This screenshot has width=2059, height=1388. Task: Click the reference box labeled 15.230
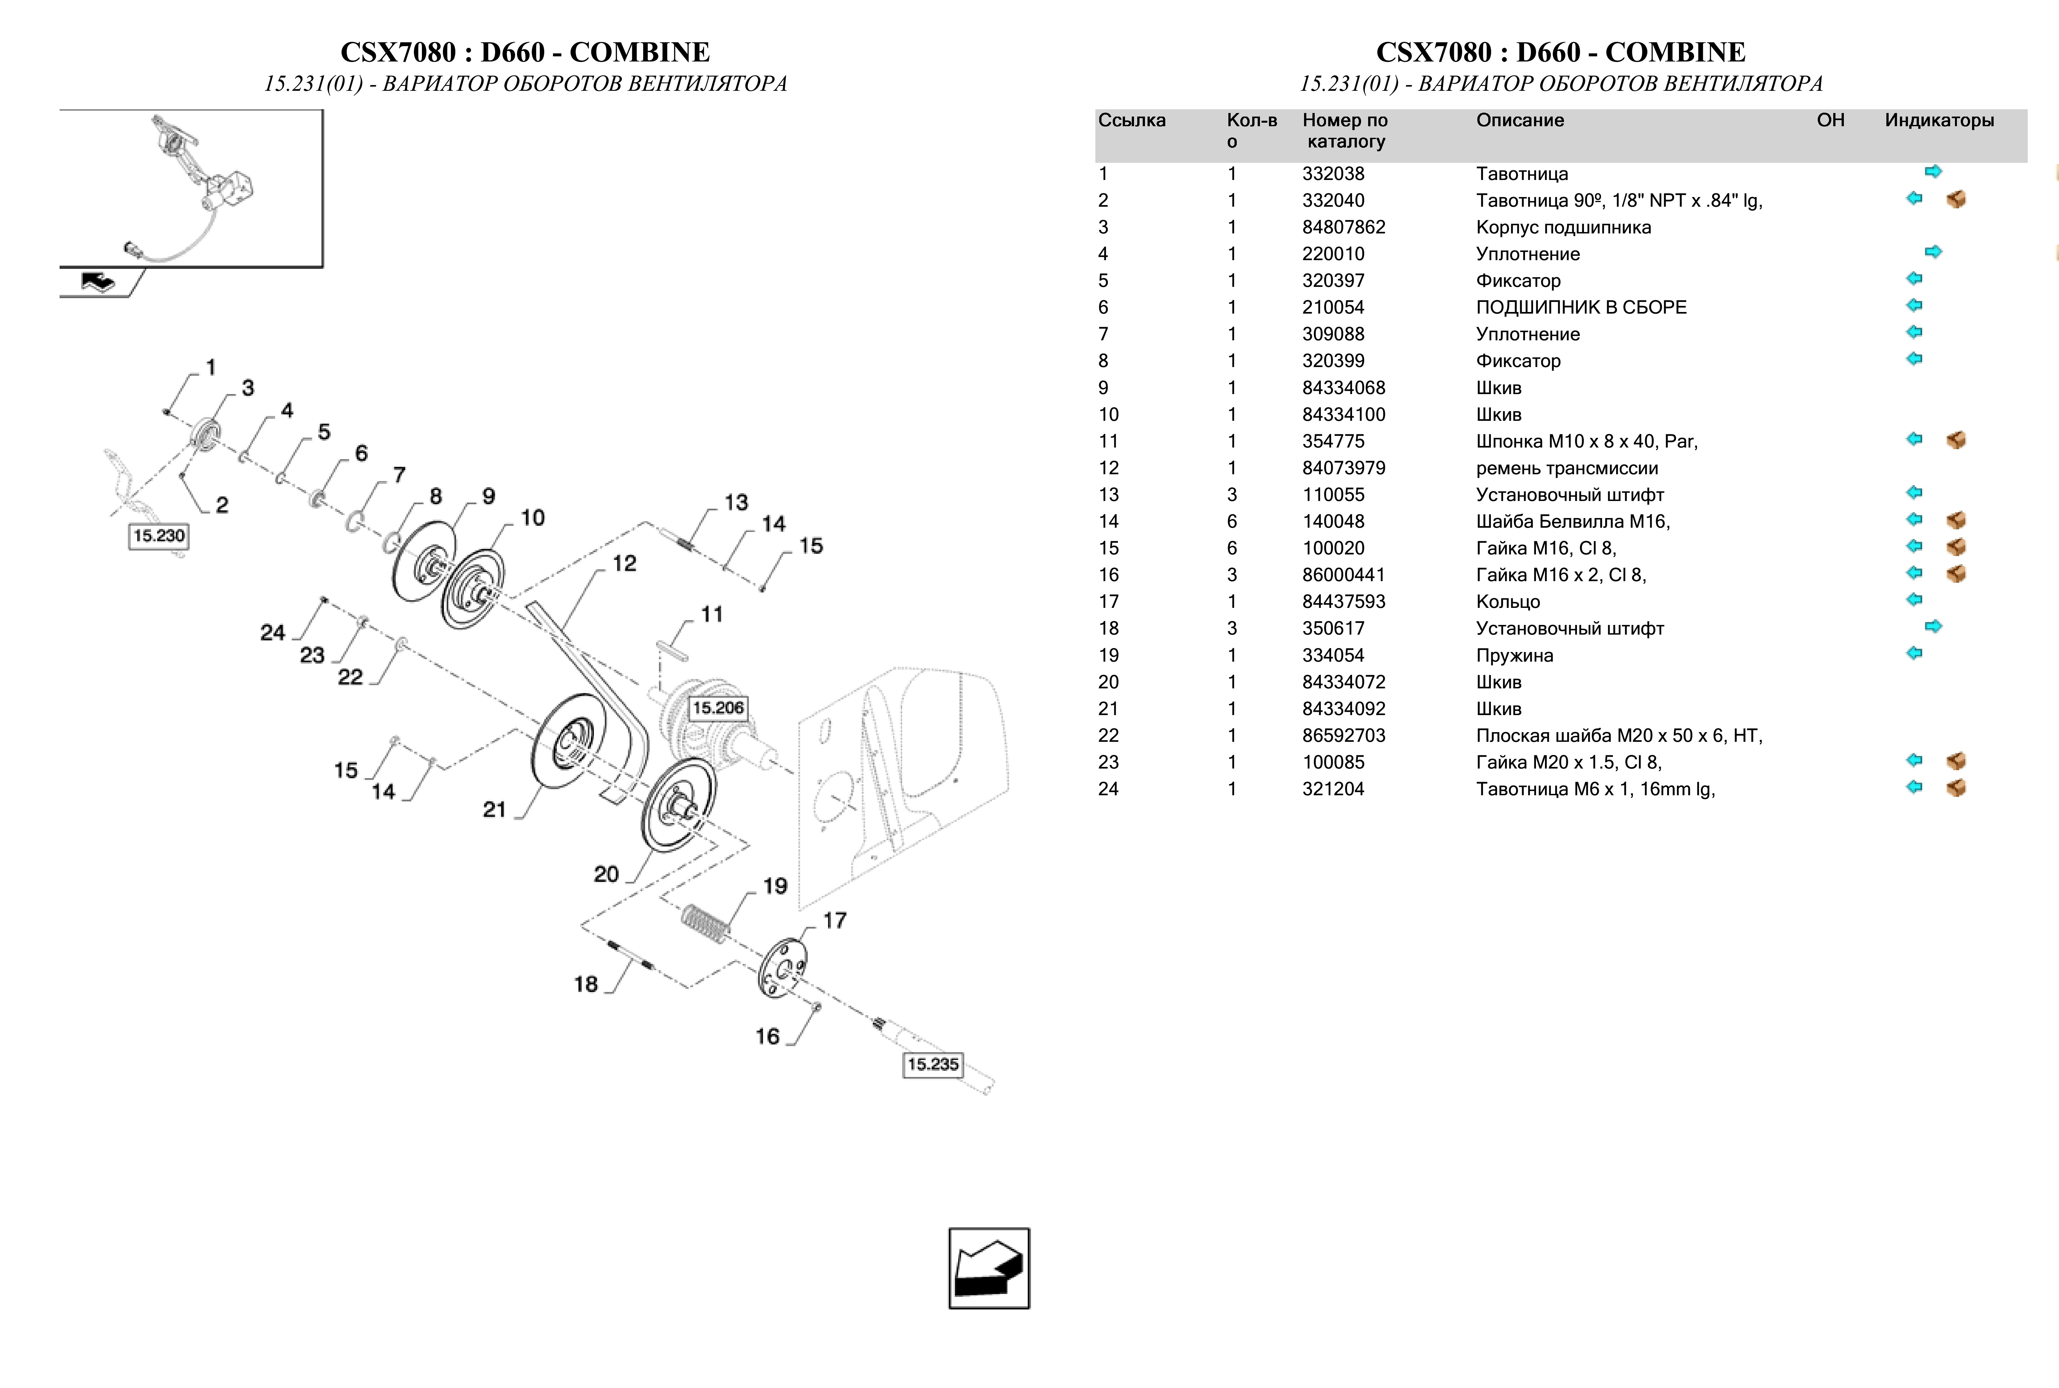158,535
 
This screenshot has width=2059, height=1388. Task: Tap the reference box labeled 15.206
718,707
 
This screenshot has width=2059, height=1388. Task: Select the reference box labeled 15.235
932,1064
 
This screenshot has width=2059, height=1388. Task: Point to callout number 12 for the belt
624,563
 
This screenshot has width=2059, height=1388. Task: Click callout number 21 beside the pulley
494,809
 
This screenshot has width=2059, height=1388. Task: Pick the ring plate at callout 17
782,968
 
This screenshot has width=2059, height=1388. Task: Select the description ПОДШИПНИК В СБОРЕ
1581,307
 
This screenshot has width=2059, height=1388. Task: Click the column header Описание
1519,120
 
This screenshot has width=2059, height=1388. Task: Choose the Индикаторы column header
1939,120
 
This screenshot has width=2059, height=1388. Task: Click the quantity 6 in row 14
1231,521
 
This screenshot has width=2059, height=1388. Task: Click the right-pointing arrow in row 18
1933,627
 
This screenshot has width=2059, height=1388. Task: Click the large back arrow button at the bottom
989,1268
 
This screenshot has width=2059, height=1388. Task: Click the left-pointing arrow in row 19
1914,653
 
